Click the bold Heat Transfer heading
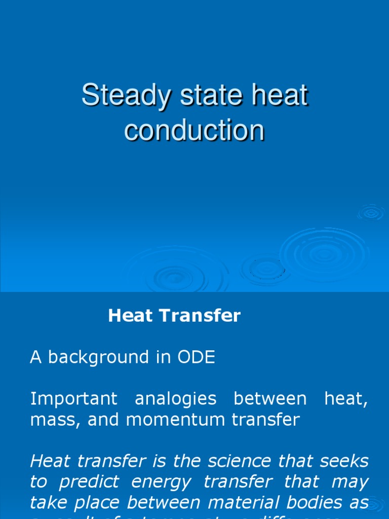point(174,316)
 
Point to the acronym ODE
point(196,357)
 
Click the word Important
point(74,399)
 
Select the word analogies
point(175,399)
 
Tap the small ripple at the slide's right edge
point(371,213)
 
